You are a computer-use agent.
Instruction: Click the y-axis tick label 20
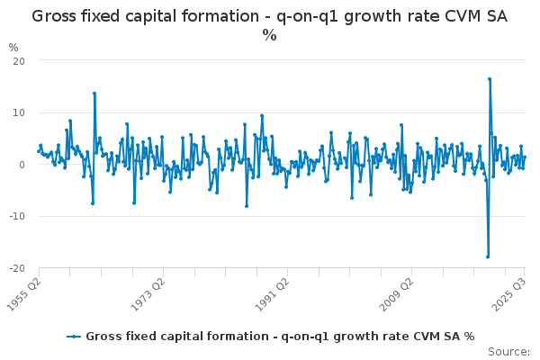(x=18, y=60)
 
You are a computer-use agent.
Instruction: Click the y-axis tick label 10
(x=18, y=112)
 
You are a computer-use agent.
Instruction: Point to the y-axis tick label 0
(x=21, y=165)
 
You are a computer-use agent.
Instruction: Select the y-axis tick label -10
(x=16, y=217)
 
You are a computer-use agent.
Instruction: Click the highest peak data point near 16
(x=490, y=79)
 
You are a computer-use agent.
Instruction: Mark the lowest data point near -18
(x=488, y=256)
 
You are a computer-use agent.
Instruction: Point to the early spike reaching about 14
(x=94, y=93)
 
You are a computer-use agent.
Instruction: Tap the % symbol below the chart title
(x=269, y=35)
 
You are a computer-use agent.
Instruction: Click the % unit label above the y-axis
(x=13, y=47)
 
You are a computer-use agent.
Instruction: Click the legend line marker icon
(x=75, y=337)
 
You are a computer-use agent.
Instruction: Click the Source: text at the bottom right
(x=509, y=351)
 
